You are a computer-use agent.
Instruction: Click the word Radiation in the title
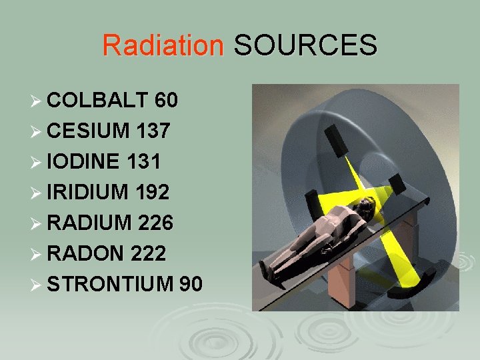163,45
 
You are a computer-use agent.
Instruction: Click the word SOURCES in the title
305,45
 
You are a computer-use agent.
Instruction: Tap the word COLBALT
97,101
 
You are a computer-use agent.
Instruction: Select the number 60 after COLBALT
165,101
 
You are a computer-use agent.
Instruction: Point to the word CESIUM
89,131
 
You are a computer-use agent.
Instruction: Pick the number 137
153,131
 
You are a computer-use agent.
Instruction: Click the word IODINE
83,161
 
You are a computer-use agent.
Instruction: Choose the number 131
143,161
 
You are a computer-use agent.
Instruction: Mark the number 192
153,192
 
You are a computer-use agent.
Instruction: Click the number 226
155,223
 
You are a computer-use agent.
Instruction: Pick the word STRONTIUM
111,284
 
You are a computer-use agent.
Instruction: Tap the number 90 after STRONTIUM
191,284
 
